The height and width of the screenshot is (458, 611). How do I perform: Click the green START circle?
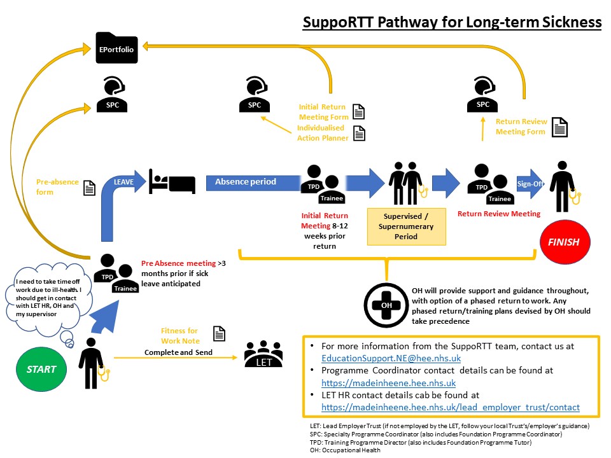[41, 369]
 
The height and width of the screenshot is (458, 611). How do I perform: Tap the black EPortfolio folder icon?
[116, 48]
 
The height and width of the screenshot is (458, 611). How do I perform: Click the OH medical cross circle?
[386, 304]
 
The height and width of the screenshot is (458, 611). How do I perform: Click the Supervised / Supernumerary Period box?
[407, 226]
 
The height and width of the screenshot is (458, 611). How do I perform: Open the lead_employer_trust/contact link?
[451, 406]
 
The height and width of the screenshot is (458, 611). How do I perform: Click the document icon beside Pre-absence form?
[89, 188]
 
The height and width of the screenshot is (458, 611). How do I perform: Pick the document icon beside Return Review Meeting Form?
[559, 127]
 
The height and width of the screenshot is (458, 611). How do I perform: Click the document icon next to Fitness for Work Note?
[219, 334]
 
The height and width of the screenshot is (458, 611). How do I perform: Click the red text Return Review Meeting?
[499, 214]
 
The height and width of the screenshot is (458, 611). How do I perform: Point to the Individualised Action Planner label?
[323, 133]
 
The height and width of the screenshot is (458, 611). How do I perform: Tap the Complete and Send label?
[178, 352]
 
